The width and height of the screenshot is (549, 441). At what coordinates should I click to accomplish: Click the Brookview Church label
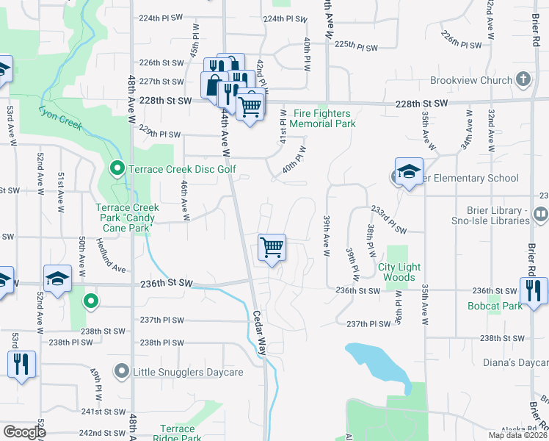pos(471,80)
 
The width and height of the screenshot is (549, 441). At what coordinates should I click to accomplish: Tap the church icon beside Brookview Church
pos(523,79)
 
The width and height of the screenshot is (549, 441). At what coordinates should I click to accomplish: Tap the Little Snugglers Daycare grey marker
pos(122,372)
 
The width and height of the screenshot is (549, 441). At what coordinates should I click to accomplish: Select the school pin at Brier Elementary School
pos(409,172)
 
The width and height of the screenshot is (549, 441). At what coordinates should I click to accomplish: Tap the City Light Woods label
pos(396,272)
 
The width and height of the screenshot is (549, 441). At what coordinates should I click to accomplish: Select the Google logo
pos(24,432)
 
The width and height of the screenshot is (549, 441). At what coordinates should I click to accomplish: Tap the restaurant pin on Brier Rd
pos(534,290)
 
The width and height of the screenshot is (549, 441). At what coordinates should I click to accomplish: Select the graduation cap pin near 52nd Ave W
pos(57,279)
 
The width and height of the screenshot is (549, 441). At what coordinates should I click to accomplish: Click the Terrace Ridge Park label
pos(178,434)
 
